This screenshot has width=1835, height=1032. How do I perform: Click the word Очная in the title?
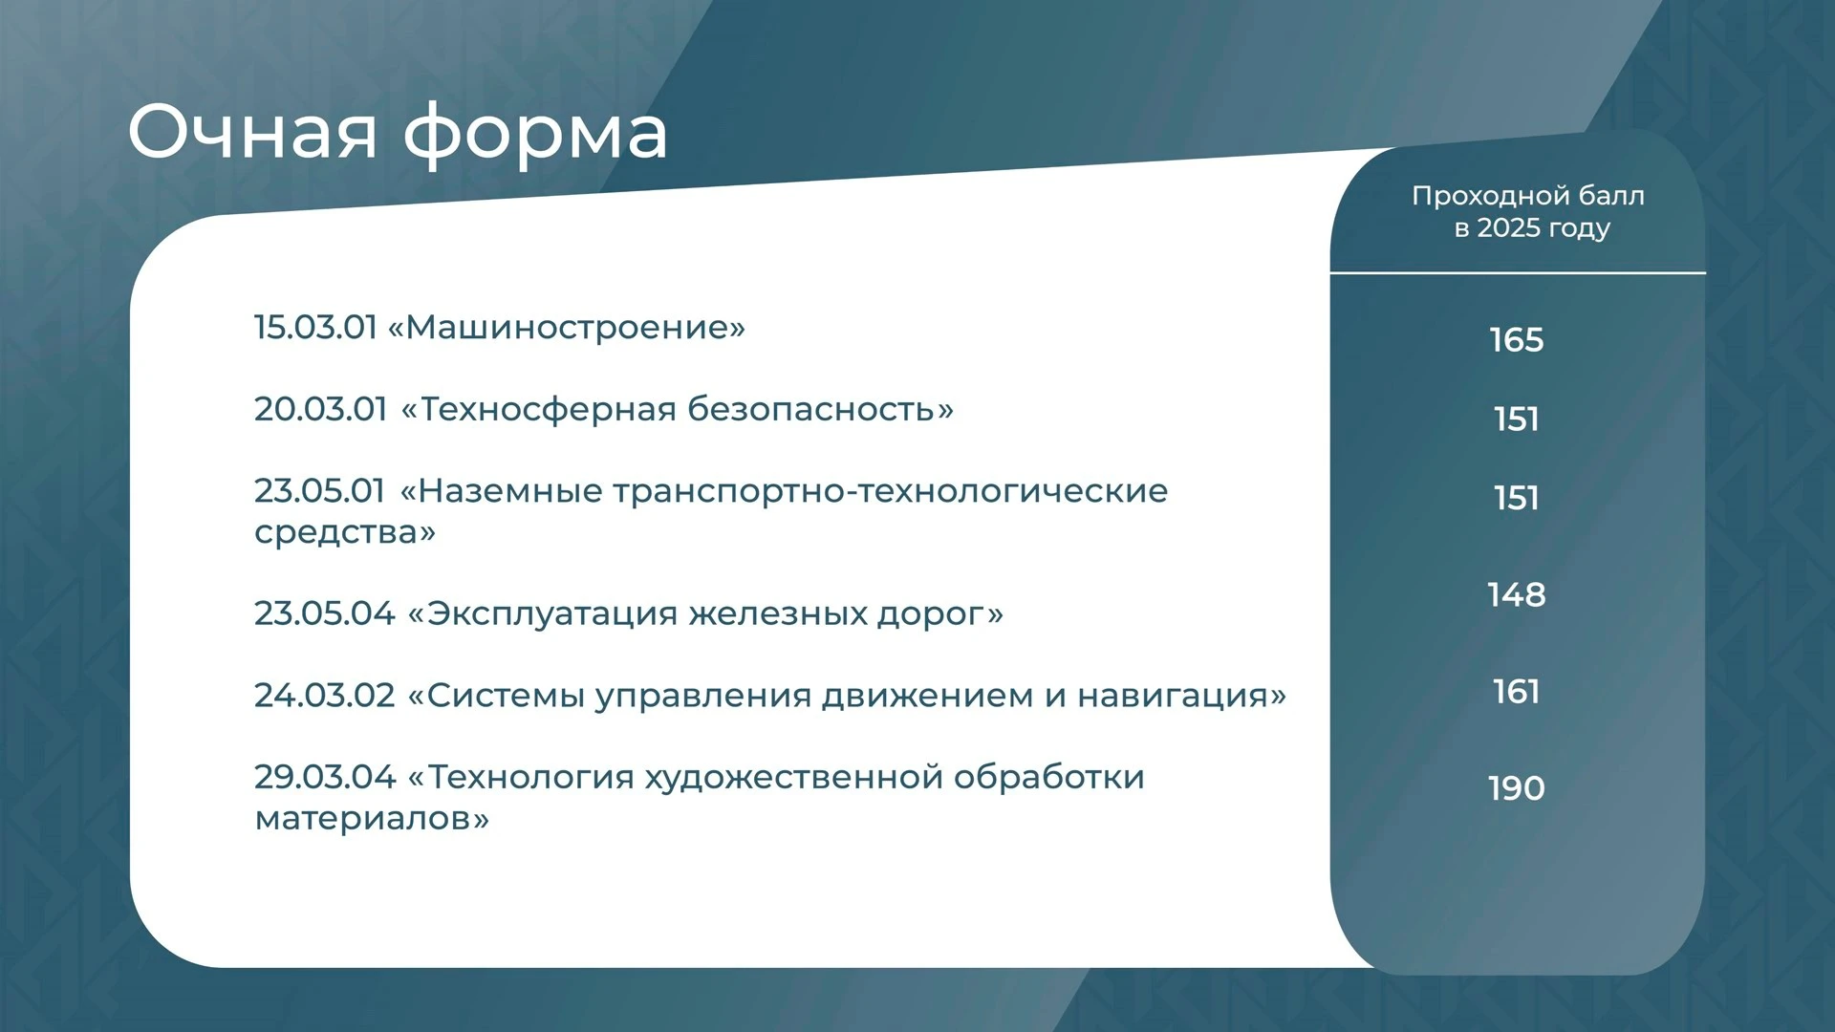point(253,131)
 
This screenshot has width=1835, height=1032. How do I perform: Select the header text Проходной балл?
point(1528,196)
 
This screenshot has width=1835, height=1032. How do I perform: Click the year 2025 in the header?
point(1507,228)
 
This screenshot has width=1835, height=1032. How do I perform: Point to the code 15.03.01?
point(316,328)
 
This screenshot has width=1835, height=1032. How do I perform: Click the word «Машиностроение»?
point(566,328)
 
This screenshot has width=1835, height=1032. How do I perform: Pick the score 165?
point(1517,340)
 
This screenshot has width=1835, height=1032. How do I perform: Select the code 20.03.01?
point(321,409)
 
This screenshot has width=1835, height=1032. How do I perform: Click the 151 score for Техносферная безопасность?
point(1517,419)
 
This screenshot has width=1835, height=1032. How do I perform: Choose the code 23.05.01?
point(319,491)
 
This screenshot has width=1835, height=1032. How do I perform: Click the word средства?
point(345,533)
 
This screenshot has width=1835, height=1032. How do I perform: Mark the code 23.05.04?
point(325,613)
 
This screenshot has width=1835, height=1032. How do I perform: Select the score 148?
point(1517,595)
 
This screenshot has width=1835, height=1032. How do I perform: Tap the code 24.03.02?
point(325,696)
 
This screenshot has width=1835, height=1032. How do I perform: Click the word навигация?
point(1182,697)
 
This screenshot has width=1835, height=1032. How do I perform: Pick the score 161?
point(1517,692)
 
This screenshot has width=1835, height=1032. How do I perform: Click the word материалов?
point(372,819)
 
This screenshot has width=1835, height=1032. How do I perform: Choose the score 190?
point(1517,789)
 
